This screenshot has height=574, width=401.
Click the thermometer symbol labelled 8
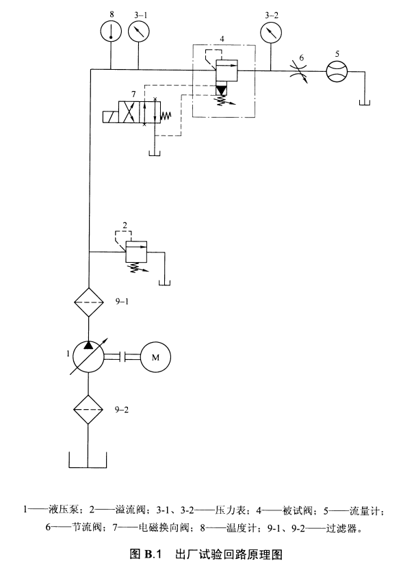tap(111, 30)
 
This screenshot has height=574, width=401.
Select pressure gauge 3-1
tap(138, 31)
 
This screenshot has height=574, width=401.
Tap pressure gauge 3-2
tap(271, 31)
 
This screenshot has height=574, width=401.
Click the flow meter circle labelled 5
tap(337, 71)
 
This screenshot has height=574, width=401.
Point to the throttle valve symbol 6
tap(298, 71)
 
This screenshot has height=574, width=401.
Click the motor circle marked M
tap(155, 357)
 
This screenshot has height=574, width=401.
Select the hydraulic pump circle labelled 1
tap(88, 357)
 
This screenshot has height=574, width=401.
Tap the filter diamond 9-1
tap(89, 302)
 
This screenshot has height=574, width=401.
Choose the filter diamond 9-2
tap(88, 409)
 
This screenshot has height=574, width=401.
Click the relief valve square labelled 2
tap(136, 252)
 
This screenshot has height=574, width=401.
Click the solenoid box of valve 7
tap(111, 116)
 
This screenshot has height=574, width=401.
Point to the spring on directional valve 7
tap(166, 116)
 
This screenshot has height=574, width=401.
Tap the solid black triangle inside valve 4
tap(222, 90)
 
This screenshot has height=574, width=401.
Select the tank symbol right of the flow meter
tap(364, 103)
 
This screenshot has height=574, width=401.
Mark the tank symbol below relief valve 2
tap(165, 283)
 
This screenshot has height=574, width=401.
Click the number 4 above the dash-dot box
tap(222, 38)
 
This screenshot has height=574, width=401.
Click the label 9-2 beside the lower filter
tap(122, 410)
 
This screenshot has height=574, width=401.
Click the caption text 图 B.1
tap(145, 554)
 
